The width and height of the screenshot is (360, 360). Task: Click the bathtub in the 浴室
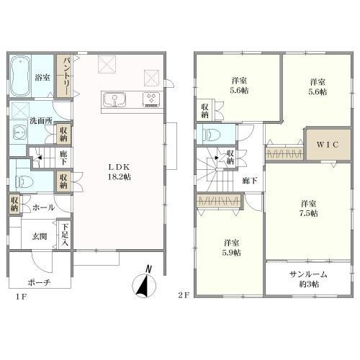[20, 76]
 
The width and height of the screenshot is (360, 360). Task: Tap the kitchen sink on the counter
[114, 99]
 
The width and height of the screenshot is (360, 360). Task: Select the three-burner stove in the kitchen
[151, 99]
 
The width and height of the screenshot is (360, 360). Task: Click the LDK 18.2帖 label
[120, 172]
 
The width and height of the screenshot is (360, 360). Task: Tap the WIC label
[328, 145]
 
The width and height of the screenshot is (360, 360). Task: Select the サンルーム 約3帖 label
[309, 279]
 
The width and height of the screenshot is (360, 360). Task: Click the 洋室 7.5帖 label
[309, 209]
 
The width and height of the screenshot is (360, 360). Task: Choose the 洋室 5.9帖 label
[232, 248]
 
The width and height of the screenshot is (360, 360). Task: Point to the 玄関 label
[40, 237]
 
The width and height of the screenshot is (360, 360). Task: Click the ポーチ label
[39, 282]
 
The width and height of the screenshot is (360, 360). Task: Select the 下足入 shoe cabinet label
[65, 235]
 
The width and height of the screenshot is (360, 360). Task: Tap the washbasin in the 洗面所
[18, 132]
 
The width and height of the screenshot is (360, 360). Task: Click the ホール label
[43, 207]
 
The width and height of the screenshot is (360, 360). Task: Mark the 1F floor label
[21, 297]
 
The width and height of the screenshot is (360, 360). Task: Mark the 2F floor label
[184, 295]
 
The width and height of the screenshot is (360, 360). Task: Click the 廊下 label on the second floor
[250, 181]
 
